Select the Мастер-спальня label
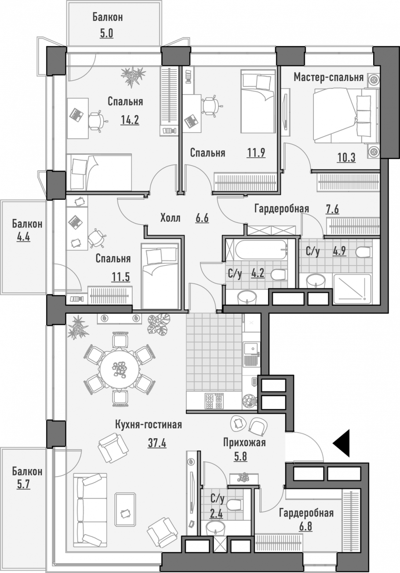coord(328,77)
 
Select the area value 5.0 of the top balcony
coord(106,33)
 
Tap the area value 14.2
coord(130,120)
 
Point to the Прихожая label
coord(244,442)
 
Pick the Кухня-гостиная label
coord(149,425)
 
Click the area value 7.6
coord(332,210)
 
